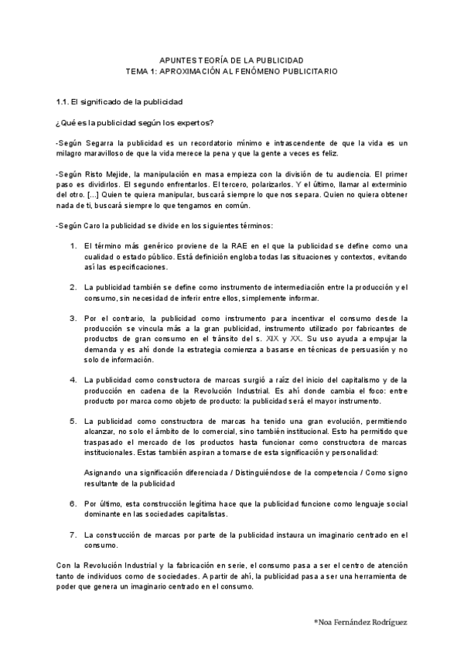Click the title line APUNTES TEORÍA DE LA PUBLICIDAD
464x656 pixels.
tap(231, 60)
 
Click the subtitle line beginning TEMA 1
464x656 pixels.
tap(231, 70)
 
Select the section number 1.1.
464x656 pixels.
tap(63, 101)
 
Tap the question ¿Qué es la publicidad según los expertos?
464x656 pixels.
tap(135, 122)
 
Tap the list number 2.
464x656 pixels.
tap(73, 287)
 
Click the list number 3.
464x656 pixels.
tap(73, 318)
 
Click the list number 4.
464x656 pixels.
tap(73, 380)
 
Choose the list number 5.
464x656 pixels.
tap(73, 422)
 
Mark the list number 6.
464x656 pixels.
tap(73, 504)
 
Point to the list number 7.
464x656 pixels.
tap(73, 535)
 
